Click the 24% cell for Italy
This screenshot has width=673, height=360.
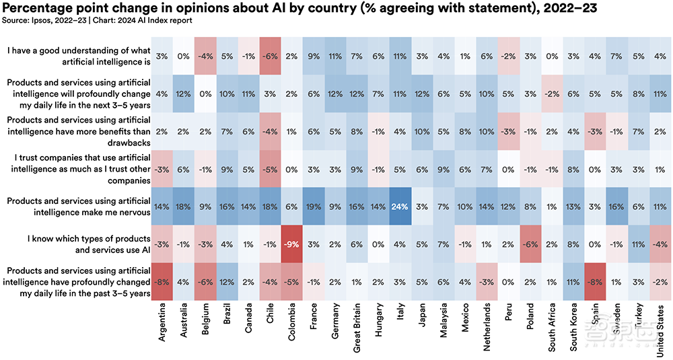pyautogui.click(x=400, y=207)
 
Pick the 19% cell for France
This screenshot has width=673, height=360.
pyautogui.click(x=314, y=207)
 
